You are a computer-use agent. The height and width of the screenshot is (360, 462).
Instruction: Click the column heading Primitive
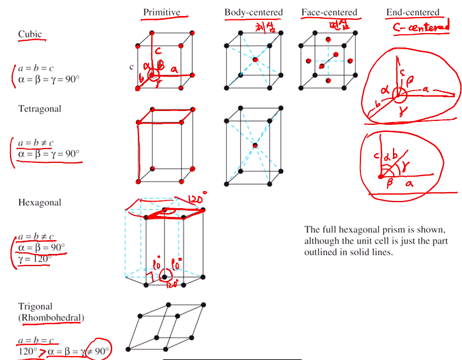pyautogui.click(x=161, y=12)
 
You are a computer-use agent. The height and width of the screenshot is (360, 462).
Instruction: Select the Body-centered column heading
pyautogui.click(x=253, y=12)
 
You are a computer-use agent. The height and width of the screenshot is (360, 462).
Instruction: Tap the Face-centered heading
pyautogui.click(x=329, y=12)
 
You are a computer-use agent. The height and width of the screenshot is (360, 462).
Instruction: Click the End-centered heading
pyautogui.click(x=412, y=12)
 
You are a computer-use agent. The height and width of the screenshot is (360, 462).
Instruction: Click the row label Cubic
pyautogui.click(x=30, y=34)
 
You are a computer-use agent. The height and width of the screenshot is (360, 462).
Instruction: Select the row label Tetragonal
pyautogui.click(x=40, y=109)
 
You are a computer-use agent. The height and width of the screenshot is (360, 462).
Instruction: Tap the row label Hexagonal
pyautogui.click(x=40, y=203)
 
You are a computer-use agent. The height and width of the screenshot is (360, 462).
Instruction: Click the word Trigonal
pyautogui.click(x=35, y=306)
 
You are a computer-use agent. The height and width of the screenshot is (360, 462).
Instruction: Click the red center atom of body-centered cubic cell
pyautogui.click(x=255, y=59)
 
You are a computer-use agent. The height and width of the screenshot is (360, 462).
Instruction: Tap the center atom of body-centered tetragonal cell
pyautogui.click(x=254, y=145)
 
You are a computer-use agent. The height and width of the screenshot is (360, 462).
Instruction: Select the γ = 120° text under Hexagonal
pyautogui.click(x=34, y=258)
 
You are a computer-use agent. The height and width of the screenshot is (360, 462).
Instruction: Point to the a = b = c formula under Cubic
pyautogui.click(x=36, y=68)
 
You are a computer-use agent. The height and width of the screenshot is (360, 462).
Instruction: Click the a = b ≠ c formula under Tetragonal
pyautogui.click(x=36, y=143)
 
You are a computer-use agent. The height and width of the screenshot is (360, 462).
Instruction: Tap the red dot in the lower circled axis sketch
pyautogui.click(x=380, y=176)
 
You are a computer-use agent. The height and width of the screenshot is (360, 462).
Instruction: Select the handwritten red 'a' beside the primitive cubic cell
pyautogui.click(x=175, y=69)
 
